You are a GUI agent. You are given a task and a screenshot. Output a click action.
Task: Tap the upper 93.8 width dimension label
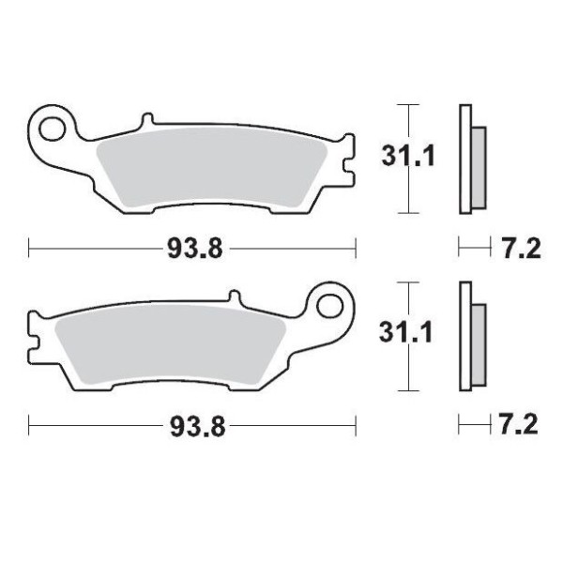coord(195,249)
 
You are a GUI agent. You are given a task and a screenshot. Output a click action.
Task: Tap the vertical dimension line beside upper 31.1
coord(406,188)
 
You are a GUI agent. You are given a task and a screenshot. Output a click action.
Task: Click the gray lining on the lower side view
coord(478,344)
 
